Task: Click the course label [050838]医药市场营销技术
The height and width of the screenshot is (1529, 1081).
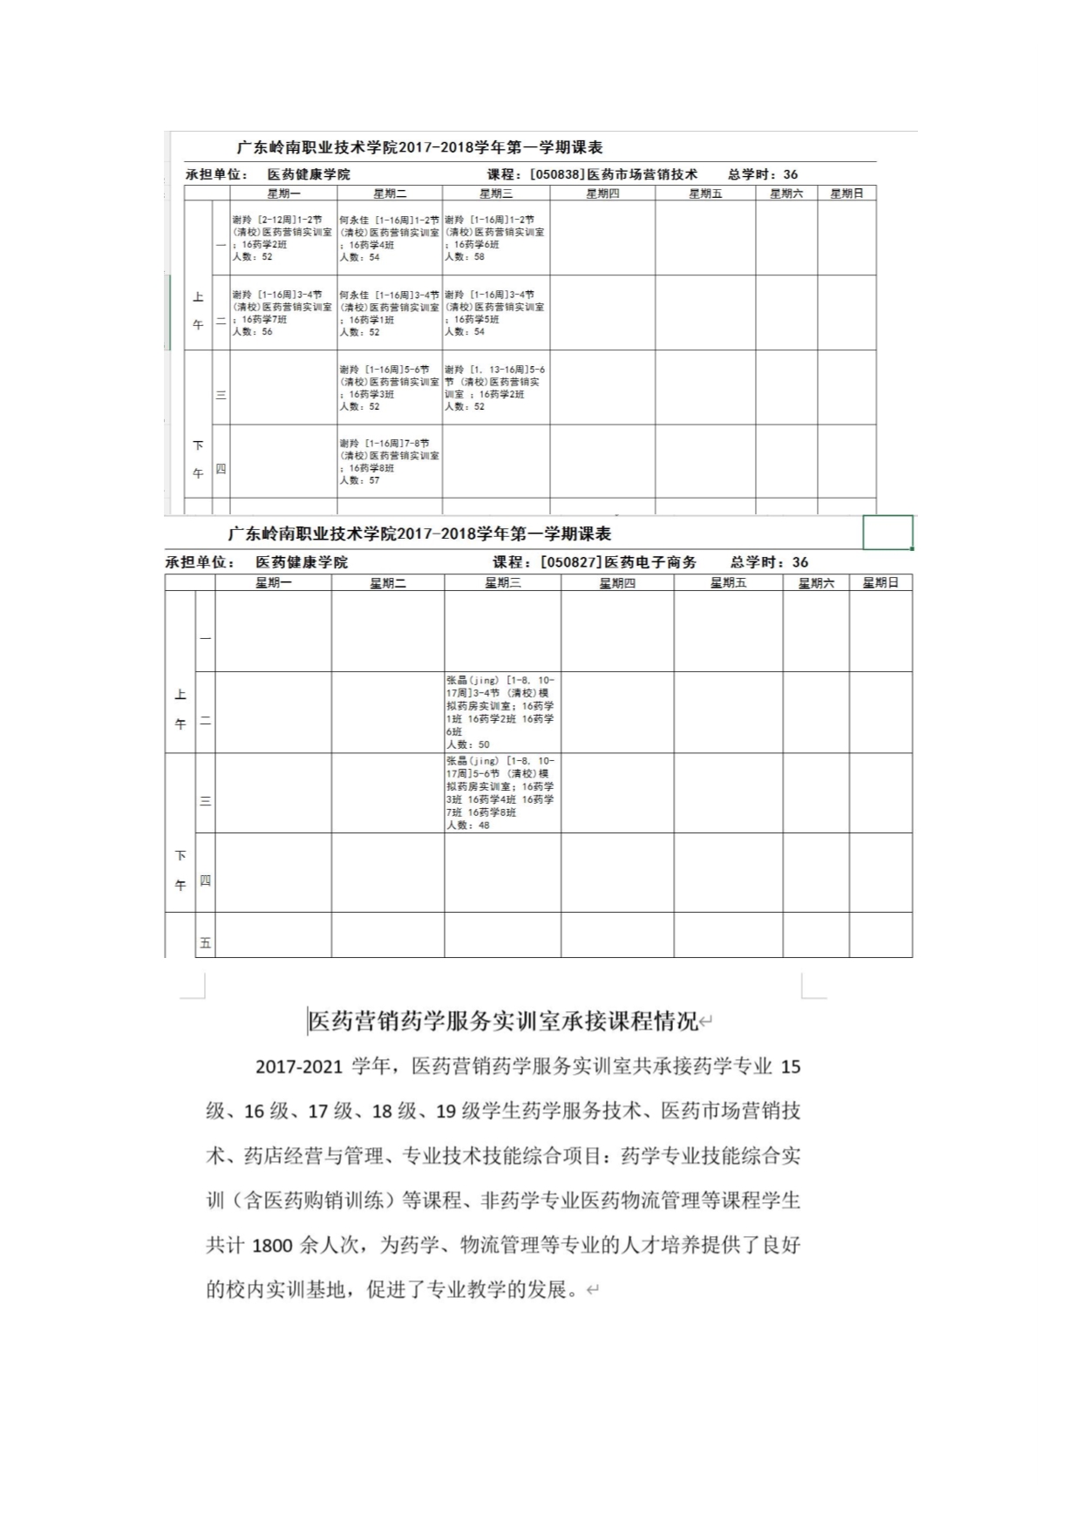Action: [614, 174]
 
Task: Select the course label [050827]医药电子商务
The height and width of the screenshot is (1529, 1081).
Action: [618, 562]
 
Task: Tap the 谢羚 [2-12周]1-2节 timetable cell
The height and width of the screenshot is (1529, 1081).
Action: [282, 238]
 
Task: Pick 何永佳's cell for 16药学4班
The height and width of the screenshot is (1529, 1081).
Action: [389, 238]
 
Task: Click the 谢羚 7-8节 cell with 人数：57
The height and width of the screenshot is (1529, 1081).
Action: [389, 461]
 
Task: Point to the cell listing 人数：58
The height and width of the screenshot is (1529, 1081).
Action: [495, 238]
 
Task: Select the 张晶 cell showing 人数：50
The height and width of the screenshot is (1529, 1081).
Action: [501, 711]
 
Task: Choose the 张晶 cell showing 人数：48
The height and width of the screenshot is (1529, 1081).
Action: [501, 792]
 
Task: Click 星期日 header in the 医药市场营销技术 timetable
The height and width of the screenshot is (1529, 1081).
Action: [846, 194]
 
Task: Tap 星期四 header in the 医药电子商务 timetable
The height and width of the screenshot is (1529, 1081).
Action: [617, 582]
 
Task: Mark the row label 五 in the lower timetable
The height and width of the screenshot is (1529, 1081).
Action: [206, 942]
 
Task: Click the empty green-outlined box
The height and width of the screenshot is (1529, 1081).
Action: [887, 533]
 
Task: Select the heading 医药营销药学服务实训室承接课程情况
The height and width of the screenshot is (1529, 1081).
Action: [504, 1021]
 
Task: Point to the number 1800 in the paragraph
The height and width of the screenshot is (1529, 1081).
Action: [272, 1246]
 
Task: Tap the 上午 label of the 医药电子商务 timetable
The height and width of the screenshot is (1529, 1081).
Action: [180, 709]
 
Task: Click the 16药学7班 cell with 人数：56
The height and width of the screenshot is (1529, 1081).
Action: [282, 313]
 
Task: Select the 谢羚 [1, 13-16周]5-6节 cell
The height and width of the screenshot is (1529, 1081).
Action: [495, 387]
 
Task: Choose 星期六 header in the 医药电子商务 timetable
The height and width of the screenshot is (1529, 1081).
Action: [816, 582]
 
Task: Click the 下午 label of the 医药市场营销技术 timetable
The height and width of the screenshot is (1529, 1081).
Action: [198, 459]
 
